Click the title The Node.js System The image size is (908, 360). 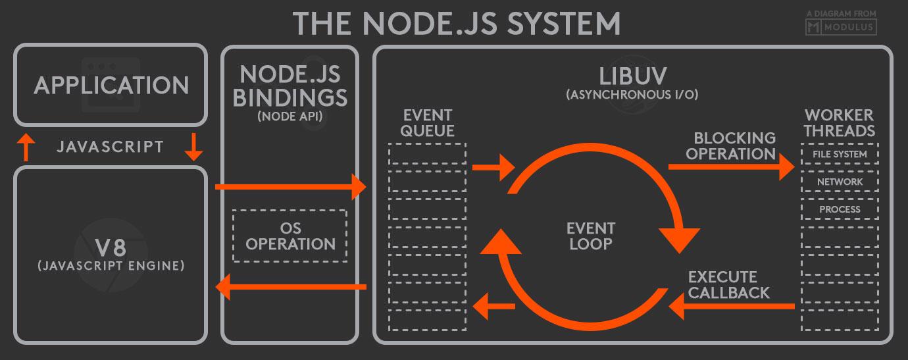click(456, 22)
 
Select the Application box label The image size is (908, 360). click(111, 86)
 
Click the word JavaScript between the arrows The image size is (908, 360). click(110, 146)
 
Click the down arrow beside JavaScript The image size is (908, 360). click(193, 147)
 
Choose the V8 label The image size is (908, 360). click(111, 248)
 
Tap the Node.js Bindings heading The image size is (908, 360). click(290, 86)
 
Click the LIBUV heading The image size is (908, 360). click(632, 74)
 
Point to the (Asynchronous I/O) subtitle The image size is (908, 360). click(632, 95)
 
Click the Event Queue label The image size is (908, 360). click(427, 122)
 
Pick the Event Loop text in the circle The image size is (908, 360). click(590, 236)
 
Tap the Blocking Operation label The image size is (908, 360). click(734, 146)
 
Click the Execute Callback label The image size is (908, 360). click(729, 284)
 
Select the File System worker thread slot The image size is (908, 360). click(839, 155)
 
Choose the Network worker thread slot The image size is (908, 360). click(839, 182)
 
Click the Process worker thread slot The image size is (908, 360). click(839, 209)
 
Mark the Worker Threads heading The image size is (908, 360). click(839, 122)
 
